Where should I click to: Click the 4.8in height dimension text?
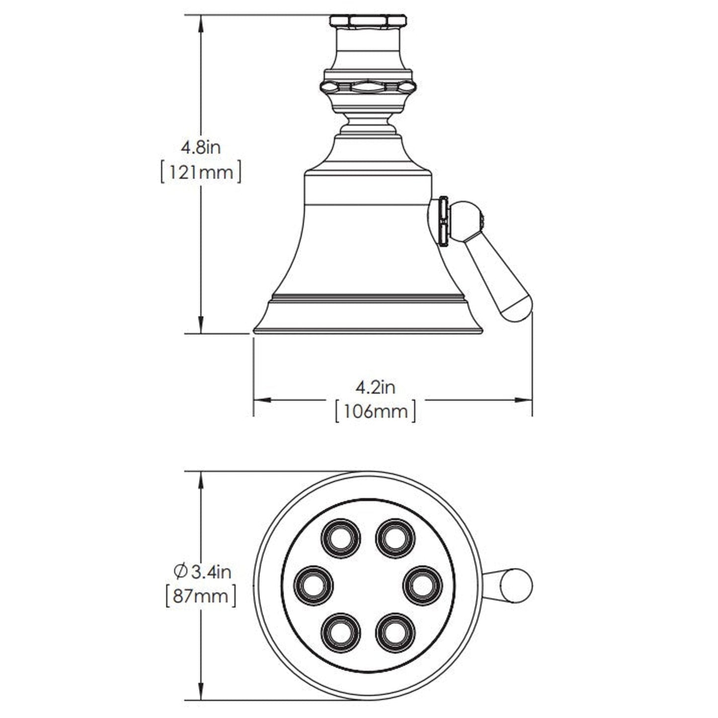point(200,147)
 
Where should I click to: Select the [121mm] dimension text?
point(201,172)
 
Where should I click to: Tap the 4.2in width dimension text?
point(376,387)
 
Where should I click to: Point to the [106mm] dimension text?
point(376,411)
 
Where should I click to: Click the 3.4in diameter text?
point(211,572)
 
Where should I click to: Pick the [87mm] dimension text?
point(200,596)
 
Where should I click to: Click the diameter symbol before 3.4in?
point(180,572)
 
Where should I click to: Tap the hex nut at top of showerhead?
point(368,21)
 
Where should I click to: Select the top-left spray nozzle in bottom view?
point(341,538)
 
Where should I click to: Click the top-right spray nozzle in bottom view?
point(395,538)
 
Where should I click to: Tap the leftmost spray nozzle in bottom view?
point(314,585)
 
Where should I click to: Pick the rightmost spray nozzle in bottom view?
point(423,585)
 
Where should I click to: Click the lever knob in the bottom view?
point(516,585)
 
